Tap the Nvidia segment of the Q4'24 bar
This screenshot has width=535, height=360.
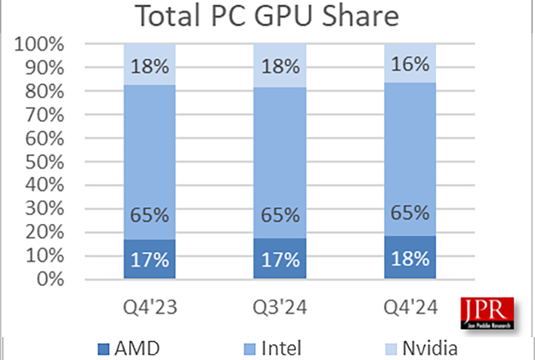click(x=410, y=63)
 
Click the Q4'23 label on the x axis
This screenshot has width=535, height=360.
click(x=150, y=308)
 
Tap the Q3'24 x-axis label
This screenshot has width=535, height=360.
click(x=280, y=308)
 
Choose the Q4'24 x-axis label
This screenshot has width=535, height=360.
click(x=410, y=308)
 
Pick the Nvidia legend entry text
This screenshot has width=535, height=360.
click(x=428, y=349)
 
